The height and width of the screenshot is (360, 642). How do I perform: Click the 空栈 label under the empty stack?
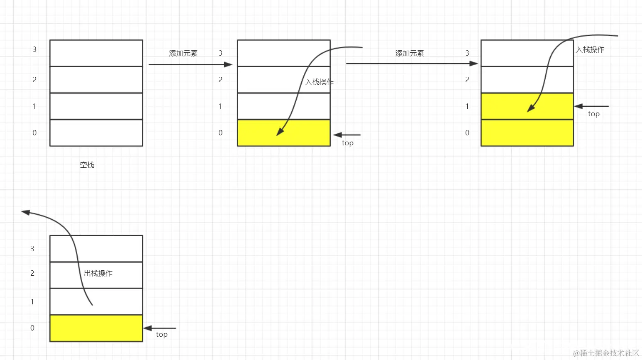[x=87, y=165]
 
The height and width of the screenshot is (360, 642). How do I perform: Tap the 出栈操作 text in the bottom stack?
[x=98, y=273]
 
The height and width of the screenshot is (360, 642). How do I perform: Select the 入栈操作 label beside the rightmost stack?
[x=590, y=50]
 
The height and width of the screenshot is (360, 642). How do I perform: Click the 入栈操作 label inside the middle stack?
[x=319, y=82]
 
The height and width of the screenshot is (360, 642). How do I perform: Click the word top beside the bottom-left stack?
[x=162, y=335]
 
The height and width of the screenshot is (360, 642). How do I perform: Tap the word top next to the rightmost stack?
[x=594, y=114]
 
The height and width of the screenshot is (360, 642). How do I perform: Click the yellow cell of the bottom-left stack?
[x=96, y=328]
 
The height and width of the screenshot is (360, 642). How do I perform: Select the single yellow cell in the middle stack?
[x=284, y=133]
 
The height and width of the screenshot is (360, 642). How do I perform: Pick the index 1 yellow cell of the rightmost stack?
[x=527, y=106]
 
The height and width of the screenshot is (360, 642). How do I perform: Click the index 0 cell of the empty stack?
[x=96, y=133]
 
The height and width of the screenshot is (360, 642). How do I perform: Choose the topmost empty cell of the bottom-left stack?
[x=96, y=249]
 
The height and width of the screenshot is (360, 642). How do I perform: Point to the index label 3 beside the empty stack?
[x=35, y=49]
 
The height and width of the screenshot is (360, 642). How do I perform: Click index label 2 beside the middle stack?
[x=220, y=80]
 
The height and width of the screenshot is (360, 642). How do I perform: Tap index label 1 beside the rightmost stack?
[x=467, y=106]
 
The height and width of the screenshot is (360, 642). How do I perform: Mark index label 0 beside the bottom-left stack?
[x=32, y=328]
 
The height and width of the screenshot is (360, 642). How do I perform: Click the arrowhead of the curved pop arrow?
[x=26, y=212]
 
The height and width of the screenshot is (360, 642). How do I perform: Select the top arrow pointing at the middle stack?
[x=347, y=135]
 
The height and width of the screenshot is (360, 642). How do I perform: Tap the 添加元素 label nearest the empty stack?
[x=183, y=54]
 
